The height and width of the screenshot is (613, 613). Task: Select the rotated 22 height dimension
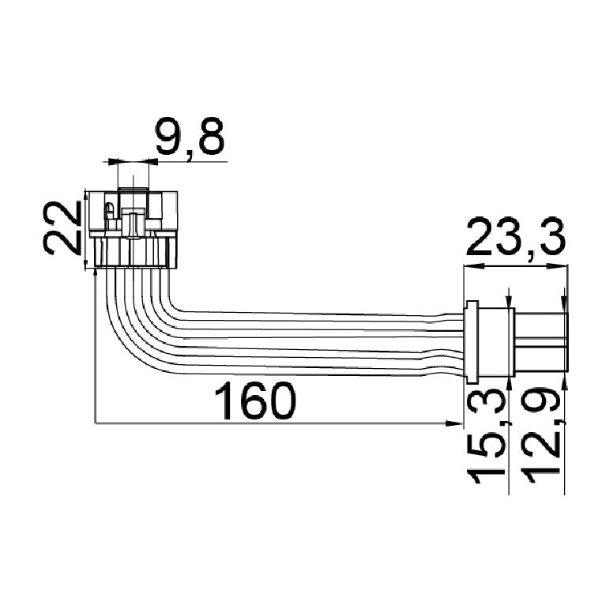(x=62, y=228)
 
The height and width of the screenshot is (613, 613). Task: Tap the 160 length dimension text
(x=254, y=401)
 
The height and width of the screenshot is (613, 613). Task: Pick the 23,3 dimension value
(x=516, y=236)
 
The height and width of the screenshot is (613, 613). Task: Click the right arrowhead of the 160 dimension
(x=454, y=423)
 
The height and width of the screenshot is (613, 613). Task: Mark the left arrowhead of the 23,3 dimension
(x=472, y=266)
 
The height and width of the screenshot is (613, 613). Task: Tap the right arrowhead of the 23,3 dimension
(x=558, y=266)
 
